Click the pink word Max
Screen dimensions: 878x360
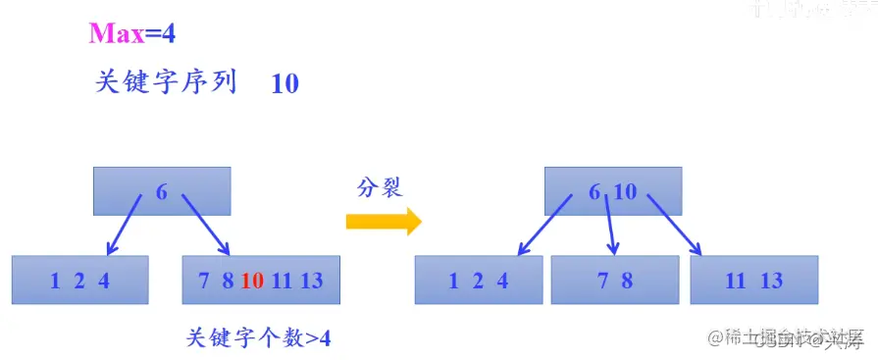click(x=116, y=33)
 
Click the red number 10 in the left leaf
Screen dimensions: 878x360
click(x=252, y=281)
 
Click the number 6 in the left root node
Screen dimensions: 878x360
click(x=162, y=192)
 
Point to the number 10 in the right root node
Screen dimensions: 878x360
click(x=625, y=192)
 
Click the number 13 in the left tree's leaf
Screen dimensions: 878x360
click(x=311, y=281)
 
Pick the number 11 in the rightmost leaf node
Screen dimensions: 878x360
click(x=736, y=281)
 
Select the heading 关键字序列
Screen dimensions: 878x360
click(x=166, y=82)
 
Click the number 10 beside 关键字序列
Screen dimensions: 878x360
click(x=284, y=83)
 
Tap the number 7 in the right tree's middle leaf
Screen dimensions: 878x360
click(x=603, y=281)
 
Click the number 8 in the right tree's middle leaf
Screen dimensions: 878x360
click(x=627, y=281)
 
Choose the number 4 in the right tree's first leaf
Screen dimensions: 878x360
click(x=502, y=281)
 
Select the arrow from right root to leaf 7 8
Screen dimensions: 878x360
click(x=611, y=226)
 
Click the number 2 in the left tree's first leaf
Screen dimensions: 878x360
click(x=79, y=281)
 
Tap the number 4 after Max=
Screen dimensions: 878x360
click(x=169, y=33)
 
